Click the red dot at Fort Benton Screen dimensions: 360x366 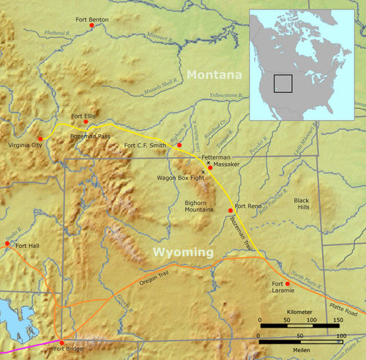click(x=91, y=26)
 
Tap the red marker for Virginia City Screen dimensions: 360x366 click(x=40, y=139)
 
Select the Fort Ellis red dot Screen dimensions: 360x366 click(x=86, y=123)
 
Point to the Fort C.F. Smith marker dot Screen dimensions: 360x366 click(x=179, y=146)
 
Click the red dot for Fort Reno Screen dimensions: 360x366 click(x=231, y=211)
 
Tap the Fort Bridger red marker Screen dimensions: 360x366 click(x=61, y=342)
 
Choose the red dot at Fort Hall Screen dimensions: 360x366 click(x=8, y=244)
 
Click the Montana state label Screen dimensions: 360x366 click(x=214, y=75)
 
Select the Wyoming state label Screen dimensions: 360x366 click(x=183, y=252)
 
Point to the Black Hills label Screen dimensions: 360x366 click(x=302, y=203)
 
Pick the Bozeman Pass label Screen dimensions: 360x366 click(x=88, y=135)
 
